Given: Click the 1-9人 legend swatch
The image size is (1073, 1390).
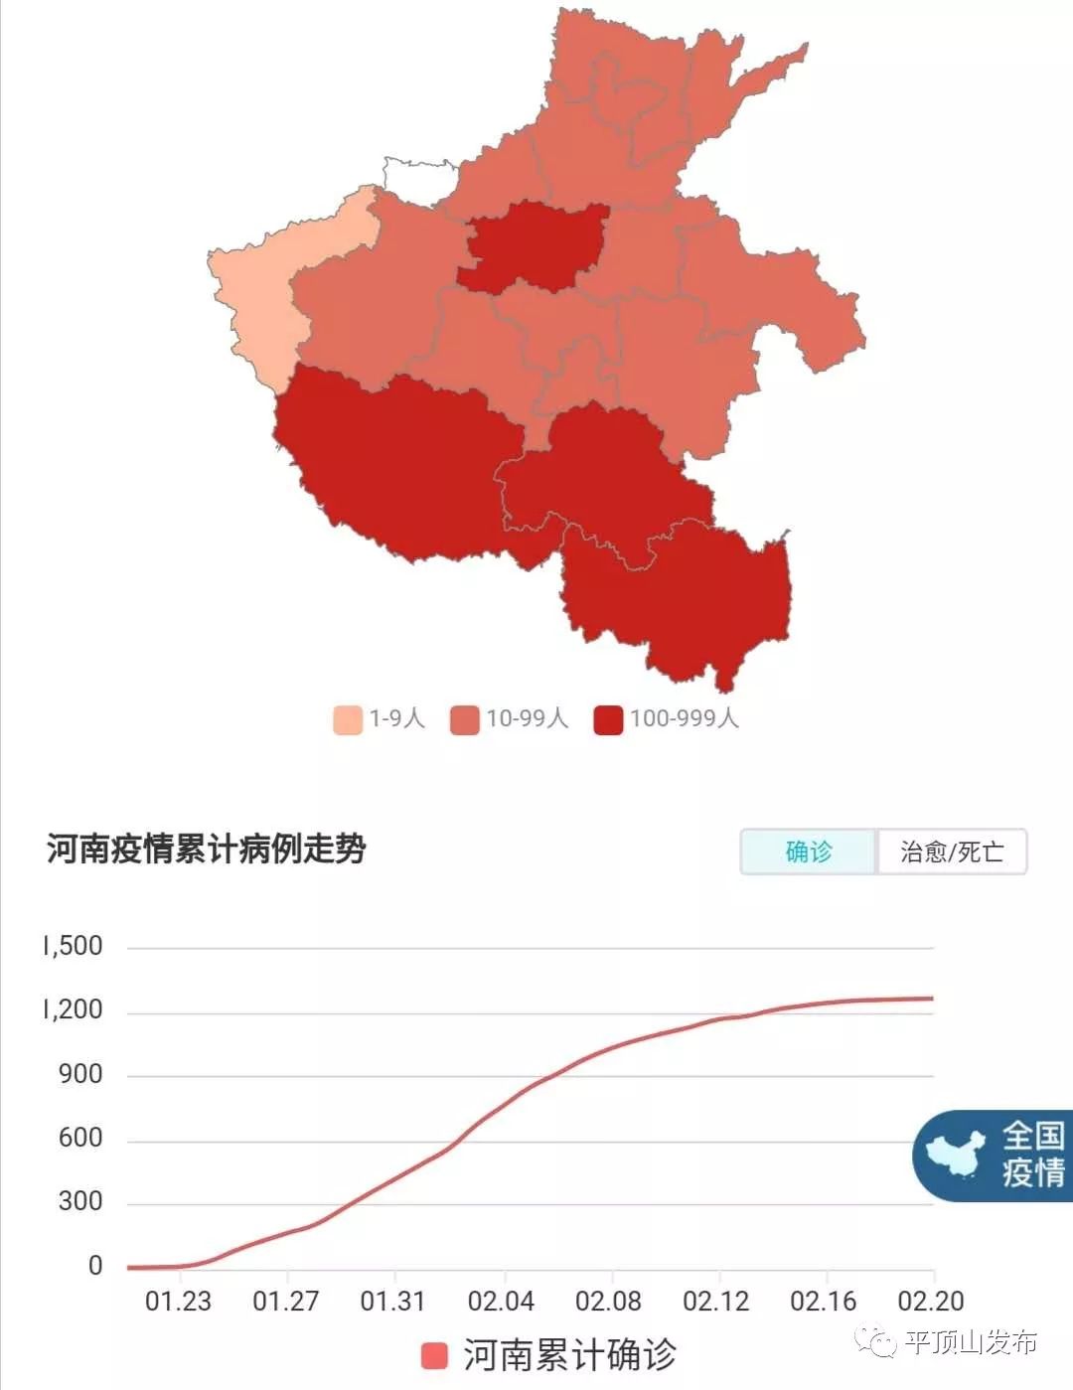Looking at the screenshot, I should pos(347,719).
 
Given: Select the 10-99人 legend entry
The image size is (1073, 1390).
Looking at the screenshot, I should pos(509,718).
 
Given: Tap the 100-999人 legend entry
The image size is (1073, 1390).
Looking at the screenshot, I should pos(666,718).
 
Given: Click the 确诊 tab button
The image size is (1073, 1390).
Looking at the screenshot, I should pos(808,851).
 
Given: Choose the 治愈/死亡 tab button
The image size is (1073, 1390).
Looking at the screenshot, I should pos(951,851).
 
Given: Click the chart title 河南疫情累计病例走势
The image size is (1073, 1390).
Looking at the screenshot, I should pos(207,849).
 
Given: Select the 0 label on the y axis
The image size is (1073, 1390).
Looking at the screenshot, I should pos(95,1265).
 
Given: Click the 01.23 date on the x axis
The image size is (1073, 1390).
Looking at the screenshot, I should pos(178,1301).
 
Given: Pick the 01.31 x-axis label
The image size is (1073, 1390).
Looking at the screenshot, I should pos(392,1301).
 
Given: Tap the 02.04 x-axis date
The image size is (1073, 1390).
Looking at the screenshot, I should pos(501,1301).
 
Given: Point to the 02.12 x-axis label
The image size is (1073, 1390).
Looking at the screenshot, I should pos(715,1301).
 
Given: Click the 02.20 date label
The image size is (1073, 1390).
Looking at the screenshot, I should pos(930,1301).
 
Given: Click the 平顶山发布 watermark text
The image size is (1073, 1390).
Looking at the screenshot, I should pos(969,1342).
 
